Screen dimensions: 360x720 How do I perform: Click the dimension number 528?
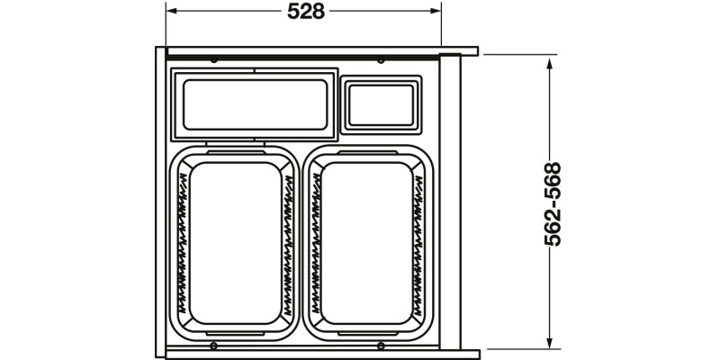[305, 12]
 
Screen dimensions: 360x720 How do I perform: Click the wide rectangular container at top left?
[253, 103]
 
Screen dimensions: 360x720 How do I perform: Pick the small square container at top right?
[382, 103]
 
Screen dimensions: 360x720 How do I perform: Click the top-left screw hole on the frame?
[214, 60]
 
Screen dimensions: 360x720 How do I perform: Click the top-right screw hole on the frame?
[381, 60]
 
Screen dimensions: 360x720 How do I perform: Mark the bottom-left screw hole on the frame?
[214, 346]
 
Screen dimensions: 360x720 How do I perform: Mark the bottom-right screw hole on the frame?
[381, 346]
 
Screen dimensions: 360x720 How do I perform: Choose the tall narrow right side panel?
[450, 202]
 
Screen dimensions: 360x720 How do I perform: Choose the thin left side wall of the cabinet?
[160, 202]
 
